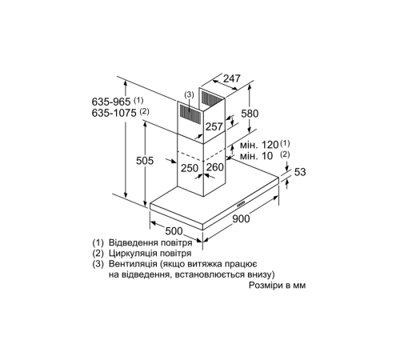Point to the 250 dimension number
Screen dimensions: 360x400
point(190,168)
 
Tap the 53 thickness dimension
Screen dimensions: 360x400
point(300,173)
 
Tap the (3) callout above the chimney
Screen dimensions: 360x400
point(189,94)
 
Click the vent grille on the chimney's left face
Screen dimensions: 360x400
point(190,113)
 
